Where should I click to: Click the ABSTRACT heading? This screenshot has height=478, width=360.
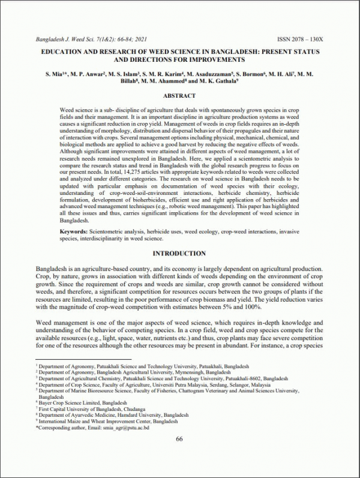point(179,95)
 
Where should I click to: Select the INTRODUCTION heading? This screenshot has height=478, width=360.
point(179,254)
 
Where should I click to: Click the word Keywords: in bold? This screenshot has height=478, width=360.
point(74,231)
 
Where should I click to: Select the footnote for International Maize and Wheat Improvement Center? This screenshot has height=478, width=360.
point(108,421)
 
